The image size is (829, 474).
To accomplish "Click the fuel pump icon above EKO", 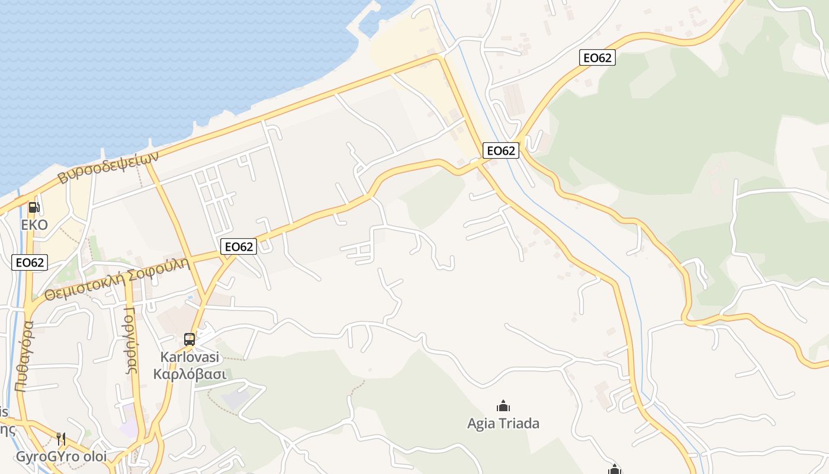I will point(34,207).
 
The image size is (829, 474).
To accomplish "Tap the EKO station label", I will point(34,225).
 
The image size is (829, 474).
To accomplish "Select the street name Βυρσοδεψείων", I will point(108,167).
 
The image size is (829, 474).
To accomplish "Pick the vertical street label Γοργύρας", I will point(131,340).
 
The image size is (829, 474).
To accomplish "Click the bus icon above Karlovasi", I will point(189,340).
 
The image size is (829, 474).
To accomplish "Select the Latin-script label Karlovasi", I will point(189,357).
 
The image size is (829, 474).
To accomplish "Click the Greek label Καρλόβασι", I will point(189,374).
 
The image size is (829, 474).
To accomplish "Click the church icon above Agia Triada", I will point(503,406).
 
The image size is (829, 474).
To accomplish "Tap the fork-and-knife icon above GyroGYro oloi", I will point(61,438).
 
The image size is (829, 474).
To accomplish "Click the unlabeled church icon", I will point(615,470).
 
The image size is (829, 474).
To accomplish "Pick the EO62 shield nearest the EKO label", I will point(30,262).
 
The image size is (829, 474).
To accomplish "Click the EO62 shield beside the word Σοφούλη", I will point(239,246).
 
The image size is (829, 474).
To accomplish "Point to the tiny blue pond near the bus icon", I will point(189,296).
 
